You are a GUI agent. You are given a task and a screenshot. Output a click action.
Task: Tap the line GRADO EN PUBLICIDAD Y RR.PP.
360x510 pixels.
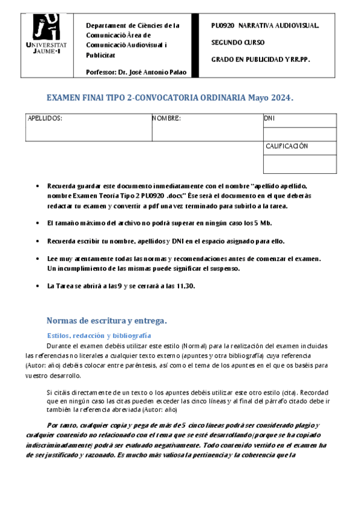point(260,60)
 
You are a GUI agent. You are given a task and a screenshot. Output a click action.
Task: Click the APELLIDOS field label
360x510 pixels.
point(45,119)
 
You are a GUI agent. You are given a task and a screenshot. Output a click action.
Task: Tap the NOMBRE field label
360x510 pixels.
point(166,119)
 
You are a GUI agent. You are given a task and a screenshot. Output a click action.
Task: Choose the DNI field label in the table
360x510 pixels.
point(269,119)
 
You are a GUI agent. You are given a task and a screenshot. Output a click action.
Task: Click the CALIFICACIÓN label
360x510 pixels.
point(287,146)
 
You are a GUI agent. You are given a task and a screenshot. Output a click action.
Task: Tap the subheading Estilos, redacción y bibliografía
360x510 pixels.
point(99,335)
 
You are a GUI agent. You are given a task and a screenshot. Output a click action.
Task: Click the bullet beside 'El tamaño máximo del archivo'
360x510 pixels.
point(38,223)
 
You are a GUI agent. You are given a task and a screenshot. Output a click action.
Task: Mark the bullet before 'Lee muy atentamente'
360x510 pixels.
point(38,259)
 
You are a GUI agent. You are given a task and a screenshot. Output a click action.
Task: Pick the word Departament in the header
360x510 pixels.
point(106,26)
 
